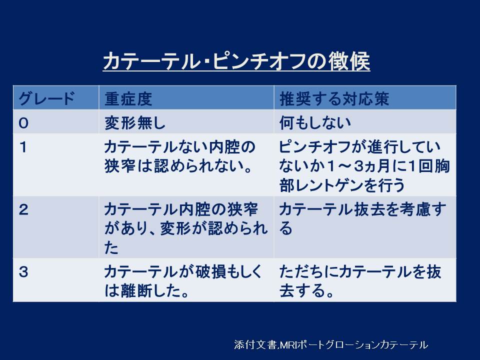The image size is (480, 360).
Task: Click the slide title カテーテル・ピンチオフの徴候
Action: pyautogui.click(x=236, y=61)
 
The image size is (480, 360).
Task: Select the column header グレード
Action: pyautogui.click(x=46, y=99)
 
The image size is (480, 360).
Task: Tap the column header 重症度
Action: pyautogui.click(x=128, y=99)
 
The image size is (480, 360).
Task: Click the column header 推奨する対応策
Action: pyautogui.click(x=334, y=99)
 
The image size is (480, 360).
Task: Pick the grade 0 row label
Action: pyautogui.click(x=23, y=123)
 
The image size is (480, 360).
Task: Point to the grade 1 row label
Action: pyautogui.click(x=23, y=147)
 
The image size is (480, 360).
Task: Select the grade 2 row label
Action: pyautogui.click(x=23, y=209)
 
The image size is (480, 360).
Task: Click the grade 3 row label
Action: pyautogui.click(x=23, y=272)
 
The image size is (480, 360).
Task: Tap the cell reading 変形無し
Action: pyautogui.click(x=134, y=123)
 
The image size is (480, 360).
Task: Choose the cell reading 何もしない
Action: pyautogui.click(x=314, y=123)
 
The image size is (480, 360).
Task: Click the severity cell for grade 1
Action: pyautogui.click(x=179, y=156)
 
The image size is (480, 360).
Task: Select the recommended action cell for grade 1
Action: pyautogui.click(x=364, y=166)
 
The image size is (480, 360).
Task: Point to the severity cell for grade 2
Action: pyautogui.click(x=186, y=228)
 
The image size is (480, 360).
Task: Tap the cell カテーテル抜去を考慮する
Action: pyautogui.click(x=363, y=219)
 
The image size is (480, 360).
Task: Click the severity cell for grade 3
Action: pyautogui.click(x=183, y=281)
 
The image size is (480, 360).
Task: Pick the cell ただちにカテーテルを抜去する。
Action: pyautogui.click(x=360, y=281)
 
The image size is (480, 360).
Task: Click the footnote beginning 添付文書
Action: pyautogui.click(x=331, y=344)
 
